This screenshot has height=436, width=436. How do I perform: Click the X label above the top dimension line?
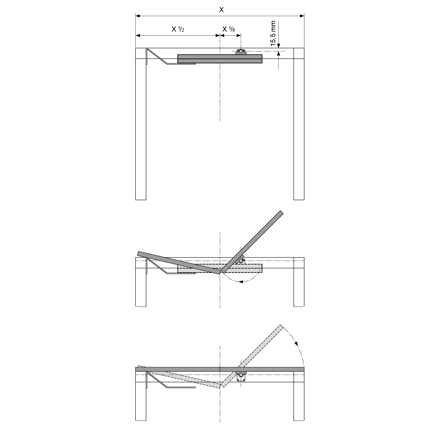click(x=222, y=9)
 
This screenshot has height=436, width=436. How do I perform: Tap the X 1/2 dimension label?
click(x=178, y=29)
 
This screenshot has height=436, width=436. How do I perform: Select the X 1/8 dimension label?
click(x=229, y=29)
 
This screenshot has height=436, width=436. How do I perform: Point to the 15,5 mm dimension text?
click(x=273, y=34)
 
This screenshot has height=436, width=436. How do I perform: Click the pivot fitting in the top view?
click(x=241, y=52)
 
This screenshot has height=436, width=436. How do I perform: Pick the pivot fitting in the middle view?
click(x=241, y=260)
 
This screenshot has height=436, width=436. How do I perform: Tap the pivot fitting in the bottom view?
click(x=241, y=377)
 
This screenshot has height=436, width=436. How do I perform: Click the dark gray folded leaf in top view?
click(x=220, y=59)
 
